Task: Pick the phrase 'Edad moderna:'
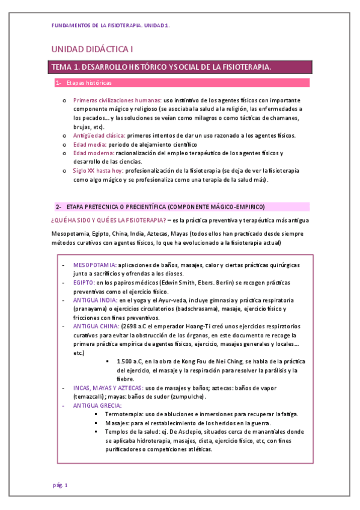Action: pyautogui.click(x=95, y=153)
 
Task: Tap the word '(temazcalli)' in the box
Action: pyautogui.click(x=89, y=397)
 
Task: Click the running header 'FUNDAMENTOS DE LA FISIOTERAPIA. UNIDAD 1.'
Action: pyautogui.click(x=111, y=26)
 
